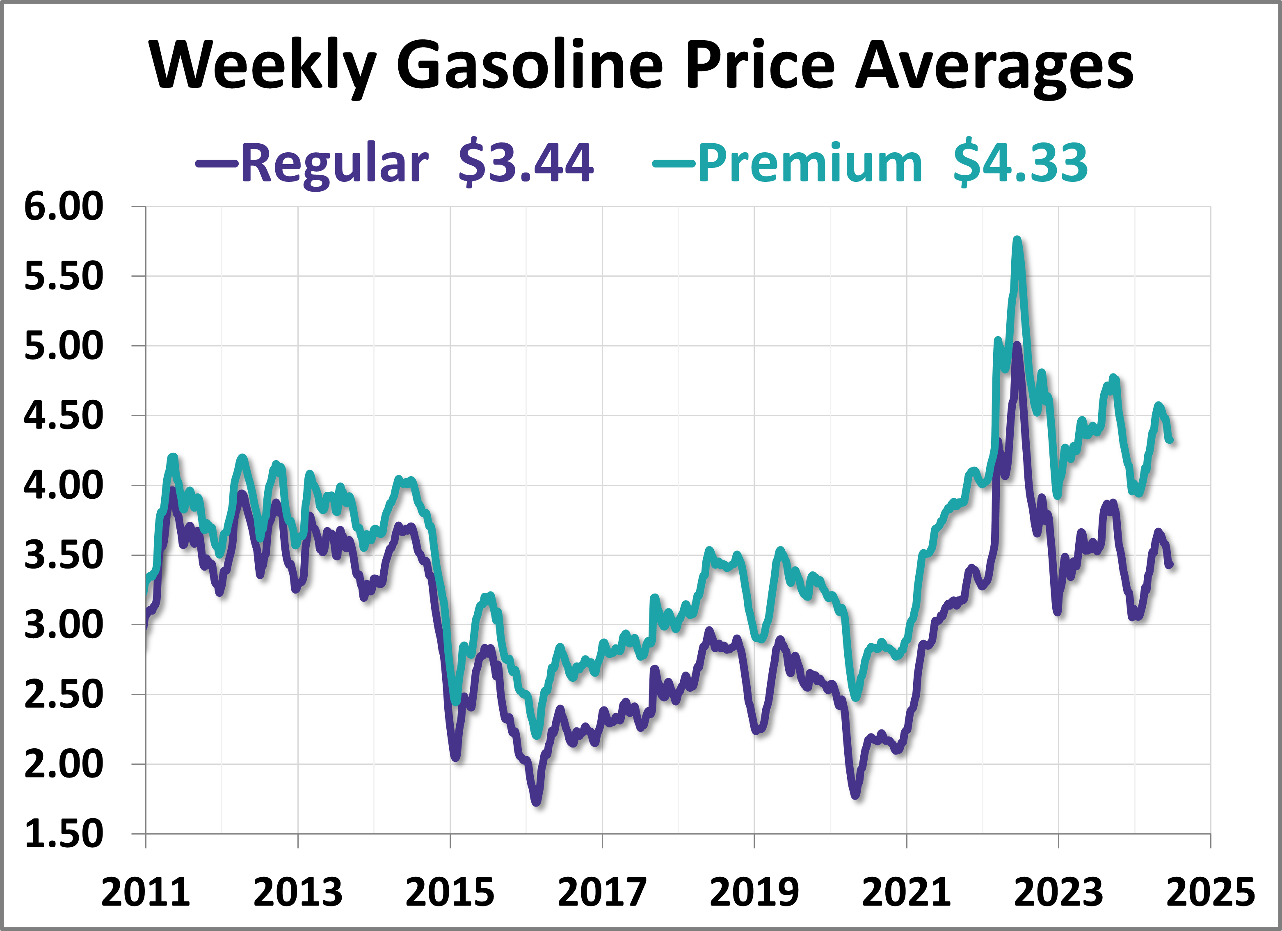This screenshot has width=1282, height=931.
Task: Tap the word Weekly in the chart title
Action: pos(263,65)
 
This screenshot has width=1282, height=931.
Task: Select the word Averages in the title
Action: pos(994,65)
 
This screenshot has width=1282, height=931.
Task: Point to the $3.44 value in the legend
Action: pos(526,163)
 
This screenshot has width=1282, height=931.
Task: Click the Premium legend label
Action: pos(810,163)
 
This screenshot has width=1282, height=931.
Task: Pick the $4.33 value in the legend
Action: pos(1020,163)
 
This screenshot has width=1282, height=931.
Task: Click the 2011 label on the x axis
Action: pos(146,892)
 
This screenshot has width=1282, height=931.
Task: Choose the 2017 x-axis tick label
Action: pos(602,892)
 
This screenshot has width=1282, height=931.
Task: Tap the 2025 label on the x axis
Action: pos(1210,892)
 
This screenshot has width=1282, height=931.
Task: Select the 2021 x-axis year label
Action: pos(906,892)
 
